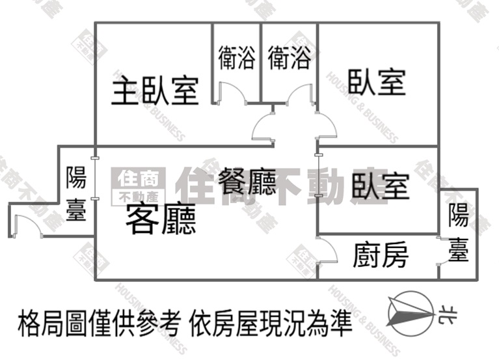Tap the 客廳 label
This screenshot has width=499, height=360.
pyautogui.click(x=161, y=219)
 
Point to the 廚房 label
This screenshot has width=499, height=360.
pyautogui.click(x=381, y=255)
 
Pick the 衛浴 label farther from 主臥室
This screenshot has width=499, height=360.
pyautogui.click(x=289, y=58)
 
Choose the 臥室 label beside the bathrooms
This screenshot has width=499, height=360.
pyautogui.click(x=377, y=83)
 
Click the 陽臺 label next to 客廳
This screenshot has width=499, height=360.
pyautogui.click(x=76, y=193)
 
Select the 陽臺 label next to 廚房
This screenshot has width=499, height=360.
pyautogui.click(x=459, y=232)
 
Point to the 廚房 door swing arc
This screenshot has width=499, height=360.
pyautogui.click(x=327, y=251)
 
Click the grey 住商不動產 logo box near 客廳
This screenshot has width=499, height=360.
pyautogui.click(x=139, y=186)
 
